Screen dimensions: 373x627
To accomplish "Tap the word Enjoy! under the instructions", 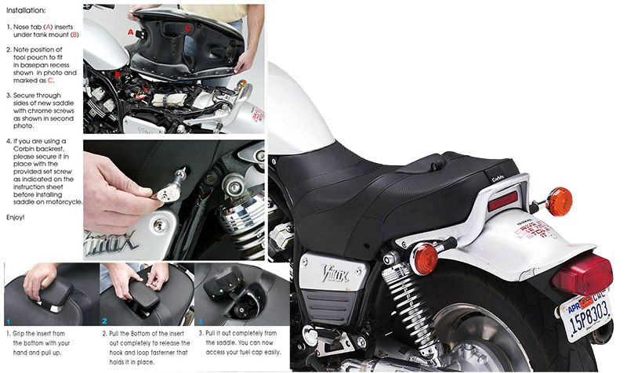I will (x=16, y=215).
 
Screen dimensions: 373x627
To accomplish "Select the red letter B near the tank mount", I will (x=118, y=75).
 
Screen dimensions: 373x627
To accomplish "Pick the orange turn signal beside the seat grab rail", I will (x=559, y=201).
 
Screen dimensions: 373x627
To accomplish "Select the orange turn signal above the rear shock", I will (x=425, y=258).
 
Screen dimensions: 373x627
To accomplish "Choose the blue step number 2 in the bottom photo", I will (x=104, y=321).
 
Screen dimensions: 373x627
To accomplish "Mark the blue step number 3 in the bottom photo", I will (x=200, y=321).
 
